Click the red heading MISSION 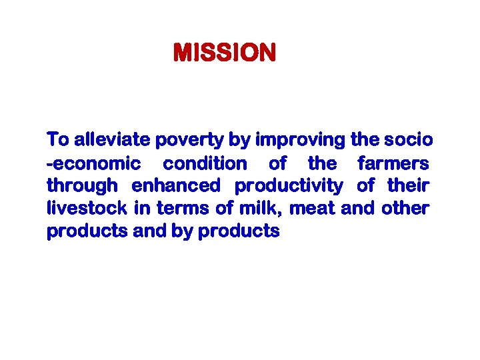tap(224, 53)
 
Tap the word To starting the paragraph tap(58, 141)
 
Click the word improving tap(301, 141)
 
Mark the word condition tap(205, 163)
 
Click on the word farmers tap(393, 163)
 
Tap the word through tap(82, 187)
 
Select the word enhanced tap(175, 186)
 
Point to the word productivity tap(289, 187)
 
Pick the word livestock tap(87, 209)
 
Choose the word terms tap(183, 209)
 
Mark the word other tap(406, 209)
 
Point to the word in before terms tap(143, 209)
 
